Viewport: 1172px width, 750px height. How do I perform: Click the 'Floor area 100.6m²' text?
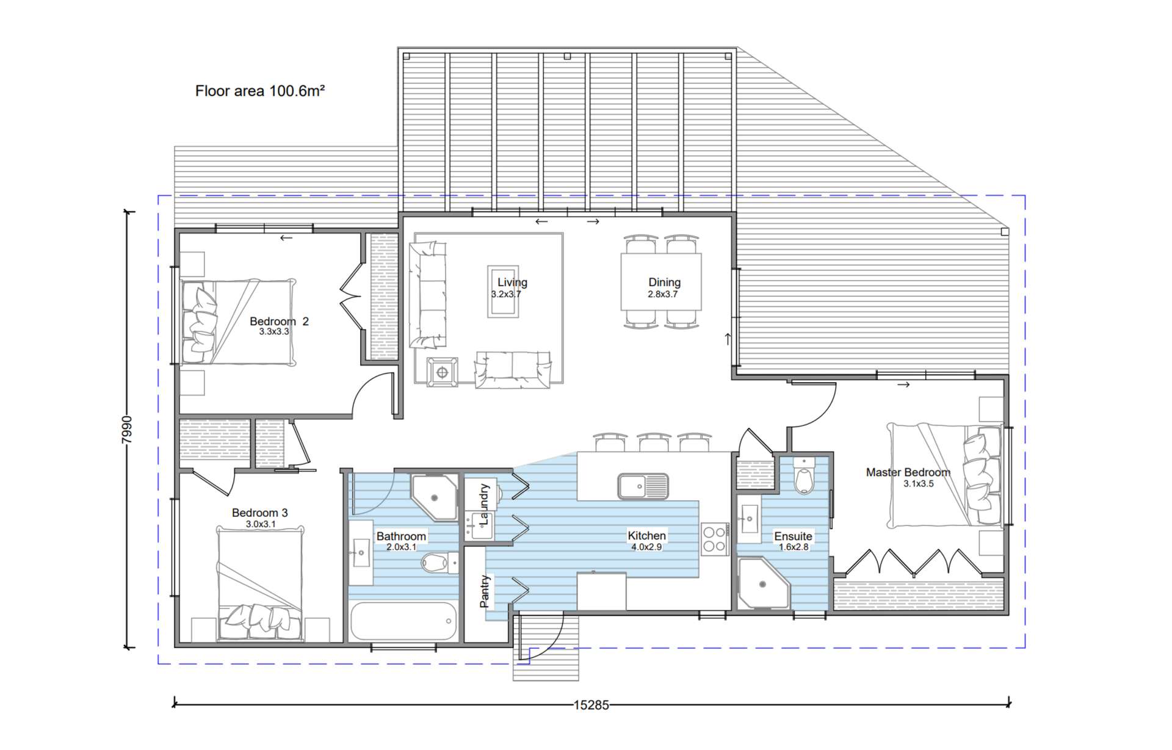click(x=260, y=91)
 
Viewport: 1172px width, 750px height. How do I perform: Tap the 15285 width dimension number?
click(x=591, y=705)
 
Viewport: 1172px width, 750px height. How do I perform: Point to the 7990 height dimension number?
click(x=126, y=430)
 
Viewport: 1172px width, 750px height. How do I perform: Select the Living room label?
click(x=512, y=282)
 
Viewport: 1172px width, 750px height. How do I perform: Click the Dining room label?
click(x=664, y=282)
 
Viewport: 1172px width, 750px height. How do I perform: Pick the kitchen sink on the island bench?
click(x=643, y=486)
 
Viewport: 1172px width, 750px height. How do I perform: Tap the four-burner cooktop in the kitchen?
click(x=714, y=539)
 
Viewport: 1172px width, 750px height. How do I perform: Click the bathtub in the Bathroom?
click(x=403, y=621)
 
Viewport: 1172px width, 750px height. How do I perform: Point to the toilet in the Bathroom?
click(x=438, y=563)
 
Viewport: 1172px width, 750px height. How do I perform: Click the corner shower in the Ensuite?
click(x=763, y=583)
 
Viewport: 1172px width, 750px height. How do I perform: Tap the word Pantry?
click(x=485, y=591)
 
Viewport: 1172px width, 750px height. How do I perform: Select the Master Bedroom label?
click(x=908, y=472)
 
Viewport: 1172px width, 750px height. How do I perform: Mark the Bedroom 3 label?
click(x=259, y=513)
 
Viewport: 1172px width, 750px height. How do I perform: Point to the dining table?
click(x=661, y=282)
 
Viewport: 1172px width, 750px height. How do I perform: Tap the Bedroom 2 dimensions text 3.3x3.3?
click(x=274, y=332)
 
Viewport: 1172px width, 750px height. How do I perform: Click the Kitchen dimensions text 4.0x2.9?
click(x=646, y=547)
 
